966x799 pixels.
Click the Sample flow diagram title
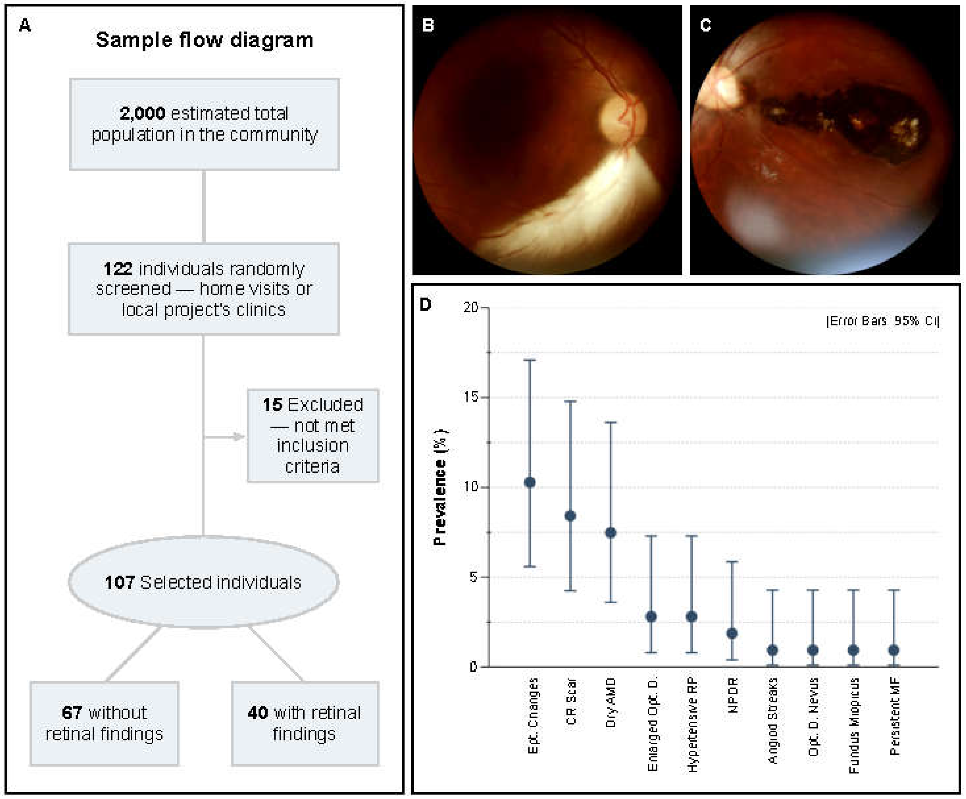204,40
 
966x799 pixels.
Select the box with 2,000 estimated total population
204,124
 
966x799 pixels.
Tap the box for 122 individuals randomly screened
204,289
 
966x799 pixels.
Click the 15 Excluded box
313,435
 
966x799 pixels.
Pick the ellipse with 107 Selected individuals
203,582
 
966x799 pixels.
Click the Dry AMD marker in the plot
610,533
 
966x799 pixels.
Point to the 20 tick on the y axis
471,307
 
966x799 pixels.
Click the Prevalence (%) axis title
440,487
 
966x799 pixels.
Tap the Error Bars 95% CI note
882,321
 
